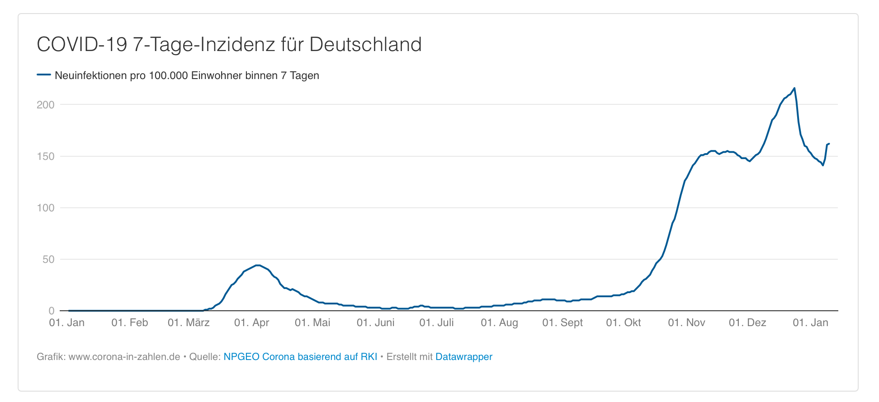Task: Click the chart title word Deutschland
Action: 365,45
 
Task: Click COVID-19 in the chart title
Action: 82,45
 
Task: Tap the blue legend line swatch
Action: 44,75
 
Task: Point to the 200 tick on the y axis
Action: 45,105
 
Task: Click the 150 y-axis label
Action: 45,156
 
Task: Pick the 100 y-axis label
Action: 45,208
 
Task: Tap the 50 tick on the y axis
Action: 48,260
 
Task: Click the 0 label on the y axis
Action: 51,311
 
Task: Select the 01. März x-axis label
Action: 189,323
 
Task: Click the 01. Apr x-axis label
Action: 251,323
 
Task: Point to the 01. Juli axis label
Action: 436,323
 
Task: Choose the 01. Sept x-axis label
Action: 562,323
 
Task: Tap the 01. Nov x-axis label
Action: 686,323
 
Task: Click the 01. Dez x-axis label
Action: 747,323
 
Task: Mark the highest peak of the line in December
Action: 794,88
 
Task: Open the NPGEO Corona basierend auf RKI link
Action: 300,357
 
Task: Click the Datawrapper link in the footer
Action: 463,357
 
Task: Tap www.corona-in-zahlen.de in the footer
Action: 124,357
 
